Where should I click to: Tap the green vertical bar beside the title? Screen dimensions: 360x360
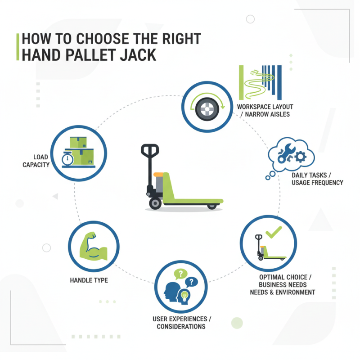(17, 46)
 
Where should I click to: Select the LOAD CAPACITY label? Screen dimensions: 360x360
(36, 161)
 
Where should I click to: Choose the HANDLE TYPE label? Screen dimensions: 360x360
(89, 280)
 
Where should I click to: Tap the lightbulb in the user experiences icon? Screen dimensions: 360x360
(184, 295)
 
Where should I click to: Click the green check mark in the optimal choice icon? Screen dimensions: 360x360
(273, 233)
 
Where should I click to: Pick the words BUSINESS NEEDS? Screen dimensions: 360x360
(283, 284)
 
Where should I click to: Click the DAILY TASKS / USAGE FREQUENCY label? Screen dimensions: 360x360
(317, 178)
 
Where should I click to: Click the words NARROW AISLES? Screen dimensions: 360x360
(264, 114)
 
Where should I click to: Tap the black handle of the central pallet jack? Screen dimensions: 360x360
(150, 150)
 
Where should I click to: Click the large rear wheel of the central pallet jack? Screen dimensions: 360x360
(155, 203)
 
